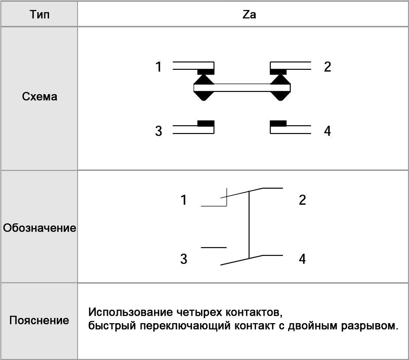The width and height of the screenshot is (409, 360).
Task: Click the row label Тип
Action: tap(39, 14)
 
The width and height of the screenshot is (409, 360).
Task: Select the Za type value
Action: tap(249, 14)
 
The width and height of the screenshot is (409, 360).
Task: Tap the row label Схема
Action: tap(39, 97)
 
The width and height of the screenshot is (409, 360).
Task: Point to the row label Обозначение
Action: tap(39, 228)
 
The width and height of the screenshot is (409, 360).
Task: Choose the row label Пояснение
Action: tap(39, 321)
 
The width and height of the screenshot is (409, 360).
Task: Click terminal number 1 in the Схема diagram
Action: tap(158, 66)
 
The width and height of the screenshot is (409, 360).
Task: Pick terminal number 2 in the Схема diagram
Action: tap(328, 66)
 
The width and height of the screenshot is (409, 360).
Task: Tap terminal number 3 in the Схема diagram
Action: tap(159, 131)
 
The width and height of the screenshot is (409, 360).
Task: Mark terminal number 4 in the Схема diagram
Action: tap(328, 131)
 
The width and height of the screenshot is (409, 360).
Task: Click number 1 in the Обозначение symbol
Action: tap(184, 200)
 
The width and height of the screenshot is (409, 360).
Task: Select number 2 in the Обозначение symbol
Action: tap(302, 200)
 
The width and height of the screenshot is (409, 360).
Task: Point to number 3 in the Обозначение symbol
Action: tap(184, 259)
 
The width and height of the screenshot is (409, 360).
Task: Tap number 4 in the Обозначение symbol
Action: tap(302, 259)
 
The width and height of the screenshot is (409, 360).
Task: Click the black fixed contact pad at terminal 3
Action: tap(206, 124)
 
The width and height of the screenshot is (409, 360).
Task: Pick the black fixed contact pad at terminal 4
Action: tap(278, 124)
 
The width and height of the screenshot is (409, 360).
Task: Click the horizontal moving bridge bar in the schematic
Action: tap(242, 88)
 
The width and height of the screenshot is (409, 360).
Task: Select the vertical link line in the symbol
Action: tap(249, 225)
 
